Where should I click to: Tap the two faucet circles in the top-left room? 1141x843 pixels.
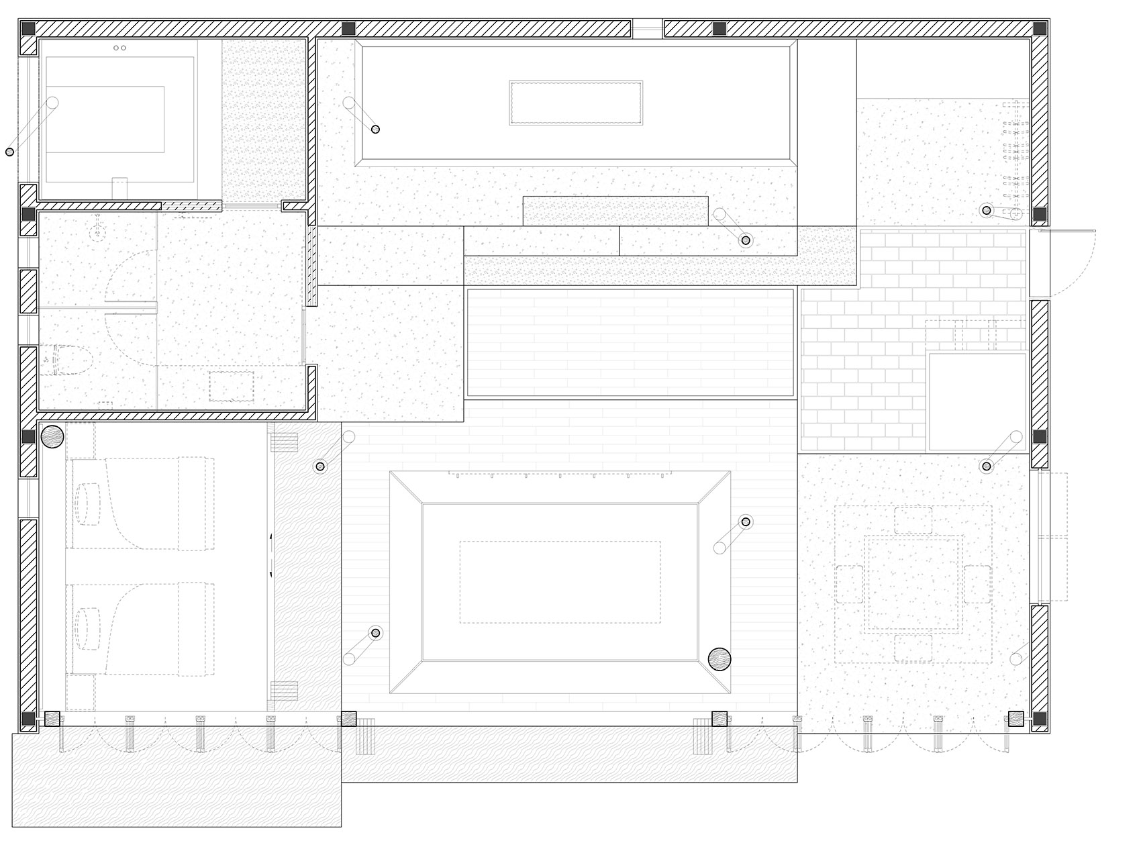(120, 48)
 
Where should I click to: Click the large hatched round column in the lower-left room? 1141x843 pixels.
(52, 437)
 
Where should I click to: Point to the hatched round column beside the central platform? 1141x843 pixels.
(720, 659)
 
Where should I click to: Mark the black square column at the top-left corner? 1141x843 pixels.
(28, 30)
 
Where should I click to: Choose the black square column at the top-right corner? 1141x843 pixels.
(1040, 30)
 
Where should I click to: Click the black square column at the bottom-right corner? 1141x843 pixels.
(1040, 720)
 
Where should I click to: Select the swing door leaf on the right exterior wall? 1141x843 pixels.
(1066, 231)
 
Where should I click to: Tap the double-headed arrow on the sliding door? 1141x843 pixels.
(271, 554)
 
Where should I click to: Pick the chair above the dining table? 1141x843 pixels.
(913, 520)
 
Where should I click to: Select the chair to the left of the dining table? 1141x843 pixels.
(850, 583)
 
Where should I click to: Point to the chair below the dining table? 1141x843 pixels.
(913, 648)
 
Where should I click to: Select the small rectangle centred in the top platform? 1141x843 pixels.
(576, 103)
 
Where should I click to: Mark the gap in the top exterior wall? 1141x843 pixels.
(648, 29)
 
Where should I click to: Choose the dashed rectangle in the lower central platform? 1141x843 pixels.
(560, 582)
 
